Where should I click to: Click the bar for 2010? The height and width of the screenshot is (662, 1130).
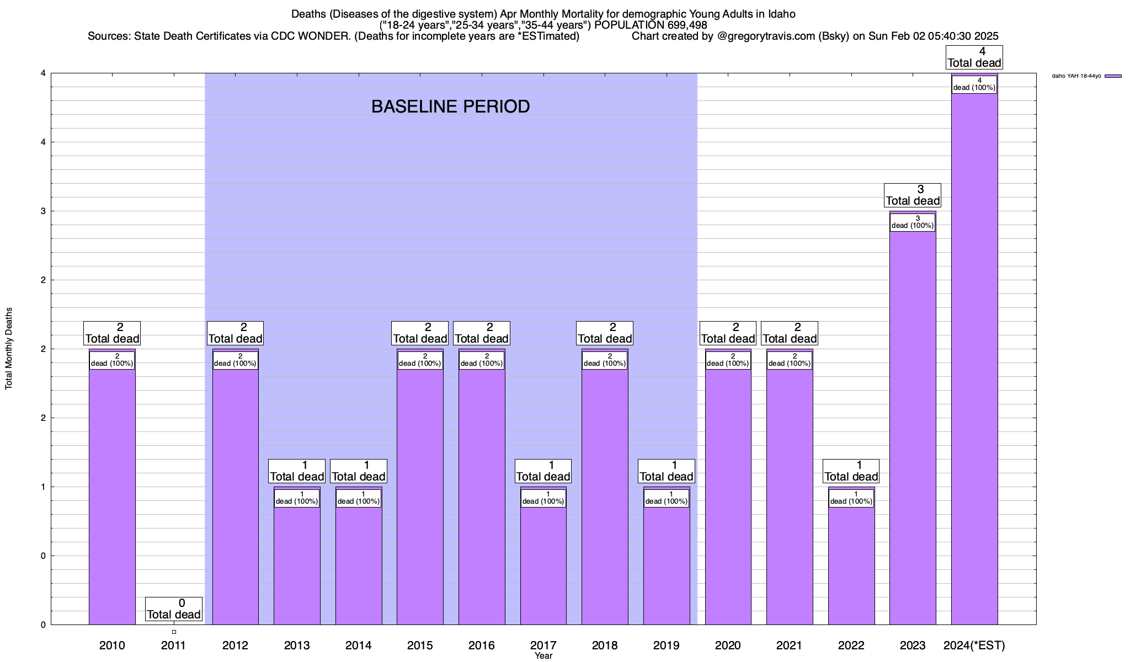point(112,496)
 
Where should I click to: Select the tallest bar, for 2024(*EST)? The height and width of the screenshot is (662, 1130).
point(974,359)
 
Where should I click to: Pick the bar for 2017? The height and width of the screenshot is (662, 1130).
point(543,563)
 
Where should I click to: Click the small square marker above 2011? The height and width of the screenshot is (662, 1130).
point(174,632)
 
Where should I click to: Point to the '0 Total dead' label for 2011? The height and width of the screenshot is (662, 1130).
point(174,609)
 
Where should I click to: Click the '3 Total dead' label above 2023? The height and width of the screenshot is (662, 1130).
point(913,195)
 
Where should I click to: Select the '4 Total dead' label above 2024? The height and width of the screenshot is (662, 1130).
point(974,57)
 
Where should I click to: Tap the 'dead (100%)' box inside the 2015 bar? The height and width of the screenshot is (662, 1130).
point(420,360)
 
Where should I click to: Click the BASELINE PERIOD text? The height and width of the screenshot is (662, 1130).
point(450,106)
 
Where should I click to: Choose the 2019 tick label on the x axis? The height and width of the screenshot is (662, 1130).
point(667,645)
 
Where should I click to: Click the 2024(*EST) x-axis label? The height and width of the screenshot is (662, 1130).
point(974,645)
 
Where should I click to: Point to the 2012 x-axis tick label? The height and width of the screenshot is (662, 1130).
point(235,645)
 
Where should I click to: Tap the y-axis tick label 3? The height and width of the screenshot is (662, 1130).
point(42,211)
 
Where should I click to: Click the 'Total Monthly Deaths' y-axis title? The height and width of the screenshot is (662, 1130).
point(9,349)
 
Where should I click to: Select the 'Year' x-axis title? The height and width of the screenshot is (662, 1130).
point(543,656)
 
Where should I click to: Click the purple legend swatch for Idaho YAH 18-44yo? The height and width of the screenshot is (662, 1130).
point(1113,76)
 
